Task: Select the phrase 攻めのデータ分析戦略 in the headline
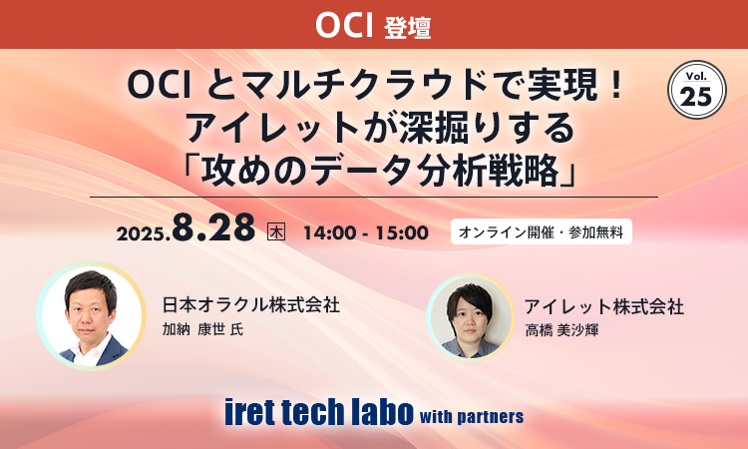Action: point(373,171)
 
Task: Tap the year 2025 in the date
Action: point(142,235)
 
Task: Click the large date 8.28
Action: point(213,229)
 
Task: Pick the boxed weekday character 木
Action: point(277,232)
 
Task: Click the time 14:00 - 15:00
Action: point(364,233)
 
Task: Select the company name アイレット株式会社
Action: point(604,306)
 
